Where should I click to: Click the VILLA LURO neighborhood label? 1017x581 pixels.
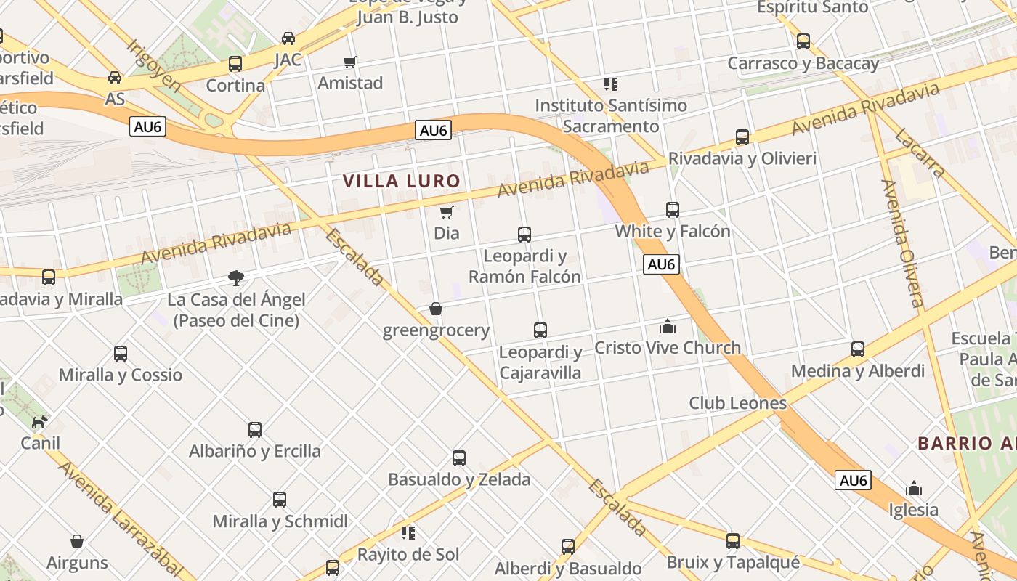[x=401, y=181]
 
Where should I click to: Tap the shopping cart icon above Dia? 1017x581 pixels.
[x=447, y=213]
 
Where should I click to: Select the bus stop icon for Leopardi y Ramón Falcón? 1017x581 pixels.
[x=524, y=235]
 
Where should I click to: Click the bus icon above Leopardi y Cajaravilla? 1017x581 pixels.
[x=540, y=330]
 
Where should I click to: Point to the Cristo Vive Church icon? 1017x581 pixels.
[x=668, y=326]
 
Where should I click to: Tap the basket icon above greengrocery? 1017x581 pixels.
[x=436, y=309]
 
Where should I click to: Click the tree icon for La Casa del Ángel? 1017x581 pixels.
[x=235, y=277]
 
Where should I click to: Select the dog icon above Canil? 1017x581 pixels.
[x=41, y=421]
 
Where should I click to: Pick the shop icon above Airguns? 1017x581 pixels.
[x=77, y=541]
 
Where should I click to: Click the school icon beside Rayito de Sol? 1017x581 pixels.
[x=408, y=533]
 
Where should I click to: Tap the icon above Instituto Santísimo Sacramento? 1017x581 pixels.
[x=611, y=84]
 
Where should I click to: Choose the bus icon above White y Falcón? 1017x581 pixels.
[x=673, y=210]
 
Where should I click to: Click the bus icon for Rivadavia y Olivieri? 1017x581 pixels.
[x=742, y=137]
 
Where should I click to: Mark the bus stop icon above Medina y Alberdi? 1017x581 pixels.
[x=858, y=349]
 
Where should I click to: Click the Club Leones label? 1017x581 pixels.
[x=737, y=403]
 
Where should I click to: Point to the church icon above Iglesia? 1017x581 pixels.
[x=914, y=488]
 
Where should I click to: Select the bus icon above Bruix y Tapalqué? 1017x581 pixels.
[x=733, y=540]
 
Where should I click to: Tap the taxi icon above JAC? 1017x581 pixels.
[x=288, y=38]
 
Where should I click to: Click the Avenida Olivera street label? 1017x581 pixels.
[x=903, y=243]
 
